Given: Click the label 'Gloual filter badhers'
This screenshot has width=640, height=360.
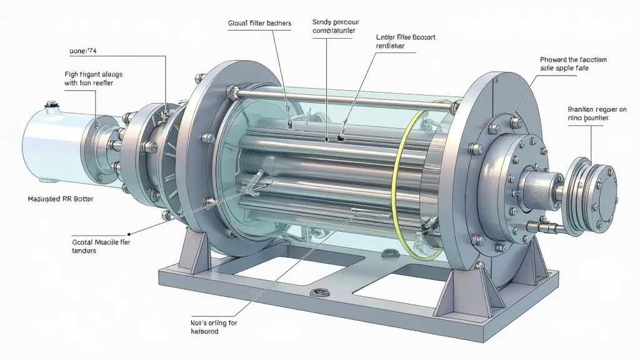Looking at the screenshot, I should (x=259, y=23).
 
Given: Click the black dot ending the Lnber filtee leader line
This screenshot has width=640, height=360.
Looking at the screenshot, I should (x=340, y=134).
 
